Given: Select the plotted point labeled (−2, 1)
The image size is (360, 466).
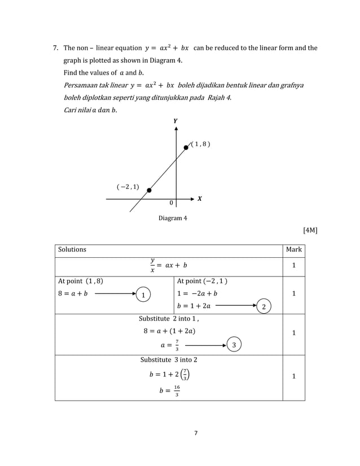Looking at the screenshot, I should coord(149,190).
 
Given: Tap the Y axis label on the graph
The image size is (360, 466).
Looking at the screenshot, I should coord(175,121).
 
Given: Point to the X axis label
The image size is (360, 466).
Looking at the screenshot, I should coord(199,199).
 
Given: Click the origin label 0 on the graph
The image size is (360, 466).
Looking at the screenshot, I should coord(172,203).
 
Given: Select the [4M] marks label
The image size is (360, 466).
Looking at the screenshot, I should coord(310,230).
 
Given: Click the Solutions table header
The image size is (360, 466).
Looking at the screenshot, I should coord(72,249).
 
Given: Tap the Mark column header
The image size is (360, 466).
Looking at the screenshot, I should coord(293,249).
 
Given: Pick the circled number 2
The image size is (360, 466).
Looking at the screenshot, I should coord(264,306).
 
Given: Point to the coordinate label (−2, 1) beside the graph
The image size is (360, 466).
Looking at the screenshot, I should coord(128,186).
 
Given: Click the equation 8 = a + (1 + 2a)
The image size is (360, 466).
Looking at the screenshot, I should coord(169,331).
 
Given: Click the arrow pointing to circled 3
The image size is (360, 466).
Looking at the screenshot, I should coord(205,344).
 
